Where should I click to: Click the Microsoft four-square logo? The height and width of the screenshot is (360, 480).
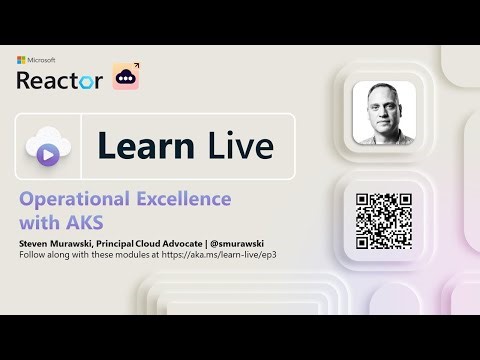pyautogui.click(x=20, y=61)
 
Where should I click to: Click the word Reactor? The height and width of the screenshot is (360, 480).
pyautogui.click(x=59, y=80)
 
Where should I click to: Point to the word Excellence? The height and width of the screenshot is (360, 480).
pyautogui.click(x=185, y=198)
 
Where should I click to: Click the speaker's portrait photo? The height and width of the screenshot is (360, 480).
pyautogui.click(x=384, y=111)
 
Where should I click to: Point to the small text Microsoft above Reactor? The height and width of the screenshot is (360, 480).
pyautogui.click(x=41, y=61)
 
